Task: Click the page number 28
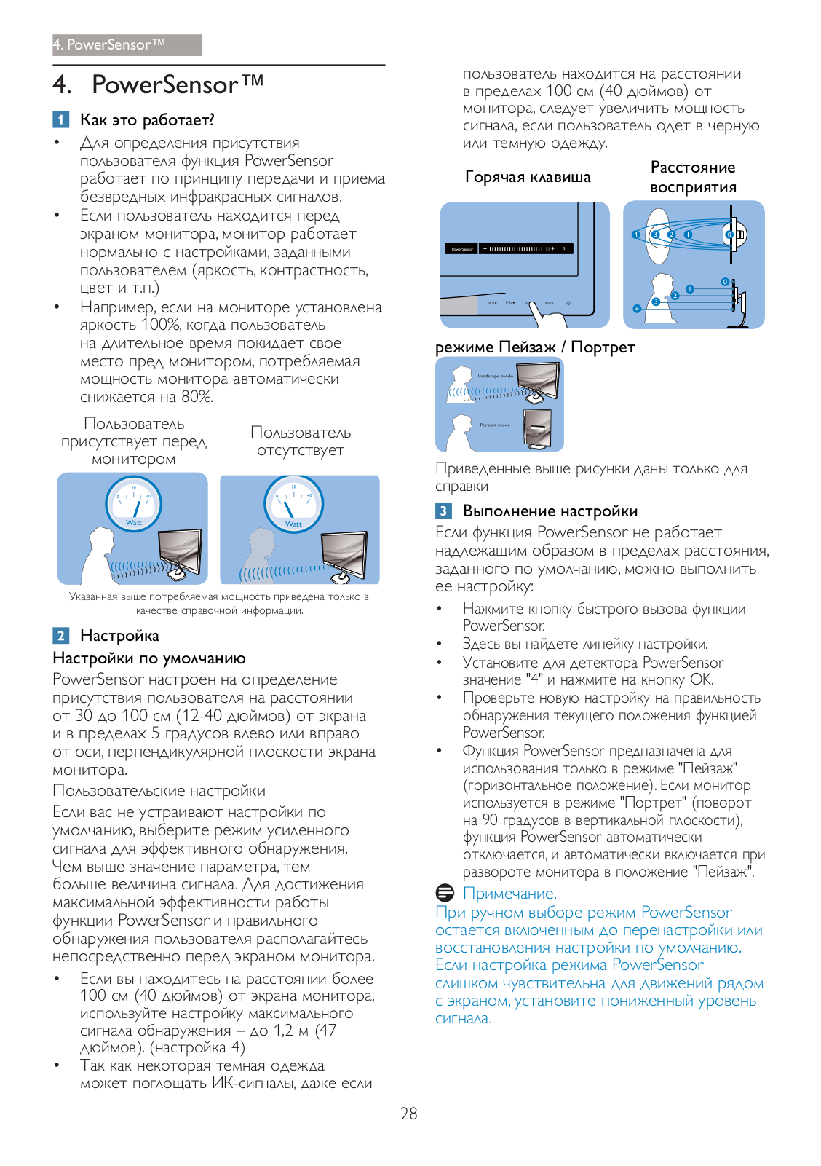(x=408, y=1113)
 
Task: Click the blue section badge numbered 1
(x=61, y=119)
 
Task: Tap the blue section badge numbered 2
(x=61, y=635)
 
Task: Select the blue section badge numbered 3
(x=443, y=511)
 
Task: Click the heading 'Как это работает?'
(x=147, y=119)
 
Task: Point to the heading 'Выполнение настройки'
(x=550, y=511)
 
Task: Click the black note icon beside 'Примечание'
(x=445, y=892)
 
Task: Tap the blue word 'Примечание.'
(x=509, y=893)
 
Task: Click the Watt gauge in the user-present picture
(x=133, y=503)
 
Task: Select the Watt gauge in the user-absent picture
(x=293, y=503)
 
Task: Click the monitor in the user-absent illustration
(x=344, y=554)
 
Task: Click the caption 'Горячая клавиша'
(x=528, y=177)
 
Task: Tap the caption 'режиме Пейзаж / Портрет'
(x=534, y=347)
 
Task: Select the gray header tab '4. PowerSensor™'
(x=127, y=45)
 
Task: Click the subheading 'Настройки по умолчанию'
(x=149, y=658)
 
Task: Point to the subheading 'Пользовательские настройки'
(x=159, y=791)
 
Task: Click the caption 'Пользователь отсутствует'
(x=300, y=441)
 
